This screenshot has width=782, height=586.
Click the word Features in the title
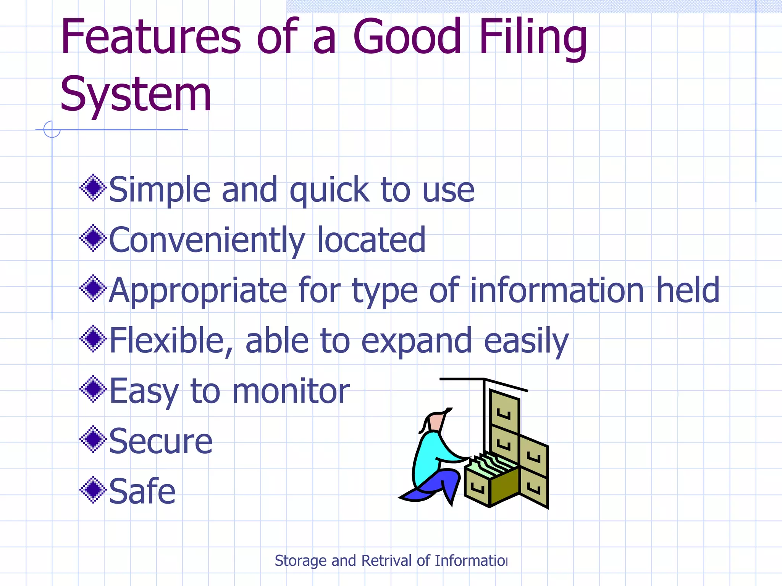150,37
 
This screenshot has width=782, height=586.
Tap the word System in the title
136,94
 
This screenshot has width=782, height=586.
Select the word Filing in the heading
532,37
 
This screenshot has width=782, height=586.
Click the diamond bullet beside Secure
93,439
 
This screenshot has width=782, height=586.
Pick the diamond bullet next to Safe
93,489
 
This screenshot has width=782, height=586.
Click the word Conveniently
207,240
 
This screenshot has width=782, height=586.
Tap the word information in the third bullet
557,291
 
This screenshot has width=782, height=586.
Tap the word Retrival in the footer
386,560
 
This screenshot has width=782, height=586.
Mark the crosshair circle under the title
52,129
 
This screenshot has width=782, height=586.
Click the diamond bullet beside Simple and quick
93,188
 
